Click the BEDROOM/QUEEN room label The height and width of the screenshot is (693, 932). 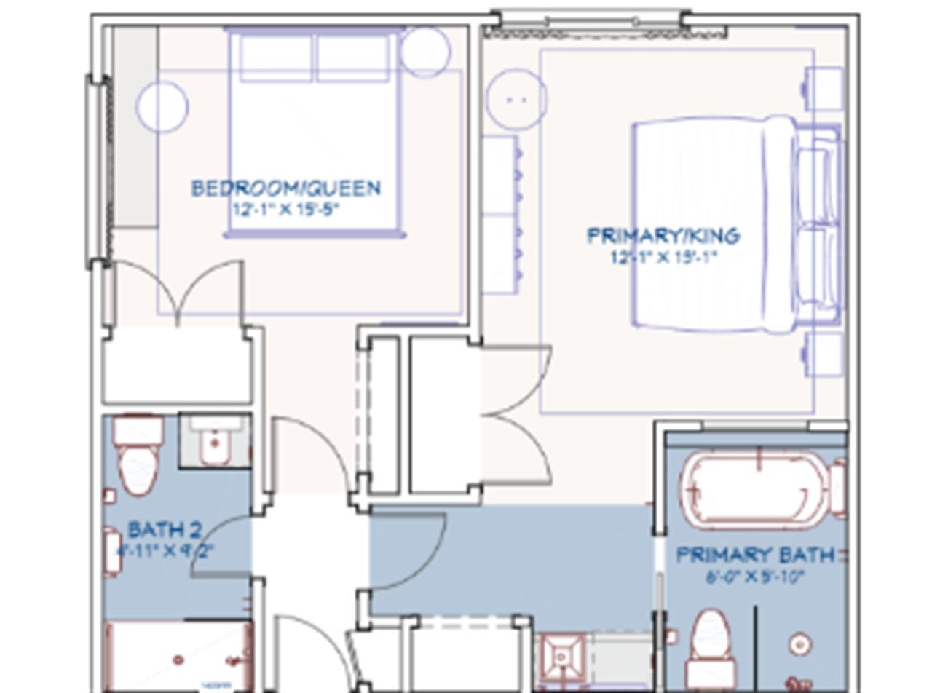(285, 189)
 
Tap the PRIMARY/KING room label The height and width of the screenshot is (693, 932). (663, 236)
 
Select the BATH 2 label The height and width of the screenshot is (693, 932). (165, 529)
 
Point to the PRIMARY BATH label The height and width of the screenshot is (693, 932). (755, 555)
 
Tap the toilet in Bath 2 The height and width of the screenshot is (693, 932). (138, 455)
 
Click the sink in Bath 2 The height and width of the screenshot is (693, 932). (215, 440)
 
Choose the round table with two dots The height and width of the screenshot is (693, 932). (516, 100)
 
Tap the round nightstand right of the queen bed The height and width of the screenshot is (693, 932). (425, 51)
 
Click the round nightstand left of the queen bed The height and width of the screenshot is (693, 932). (162, 107)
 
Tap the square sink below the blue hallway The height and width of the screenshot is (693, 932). (561, 657)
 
